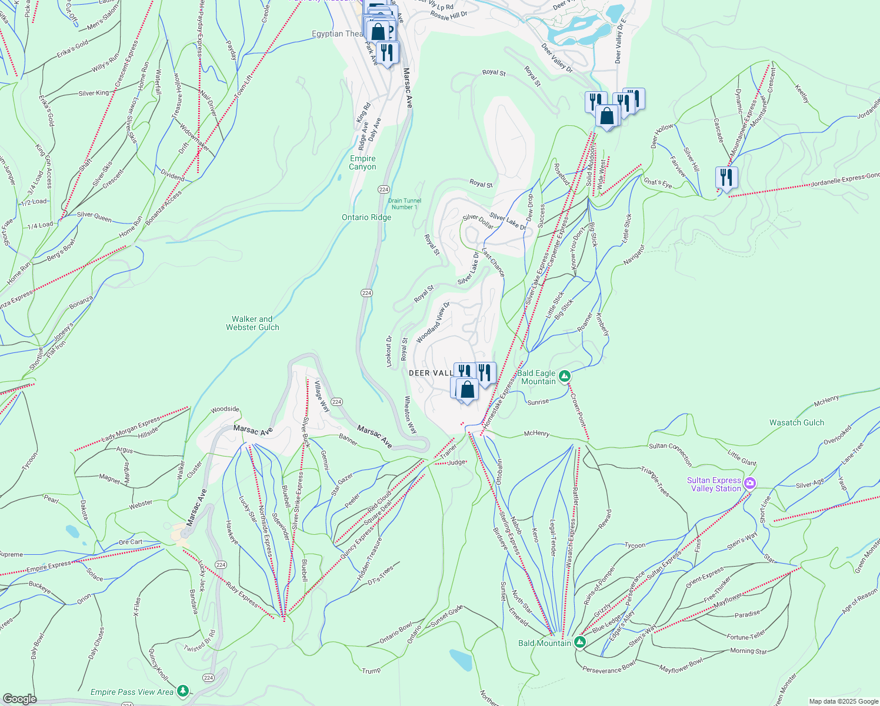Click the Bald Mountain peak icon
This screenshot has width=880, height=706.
pos(580,642)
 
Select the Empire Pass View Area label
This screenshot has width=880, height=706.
pos(132,692)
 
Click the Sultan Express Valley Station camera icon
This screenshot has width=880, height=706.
pos(749,484)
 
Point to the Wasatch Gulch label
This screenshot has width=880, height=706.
pos(796,422)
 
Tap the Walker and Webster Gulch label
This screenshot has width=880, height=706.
pos(252,323)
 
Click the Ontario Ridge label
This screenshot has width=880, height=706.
pos(366,217)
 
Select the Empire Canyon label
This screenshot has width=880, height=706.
pos(362,162)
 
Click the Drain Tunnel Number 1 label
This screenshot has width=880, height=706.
pos(405,204)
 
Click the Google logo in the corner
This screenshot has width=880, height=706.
pos(19,698)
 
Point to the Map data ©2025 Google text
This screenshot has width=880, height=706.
pos(843,701)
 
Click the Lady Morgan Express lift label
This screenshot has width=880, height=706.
pos(131,429)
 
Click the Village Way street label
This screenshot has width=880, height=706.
pos(321,396)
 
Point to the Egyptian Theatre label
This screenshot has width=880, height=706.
pos(337,34)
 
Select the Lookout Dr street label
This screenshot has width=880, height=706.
pos(389,351)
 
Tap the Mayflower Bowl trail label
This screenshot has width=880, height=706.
pos(681,665)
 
